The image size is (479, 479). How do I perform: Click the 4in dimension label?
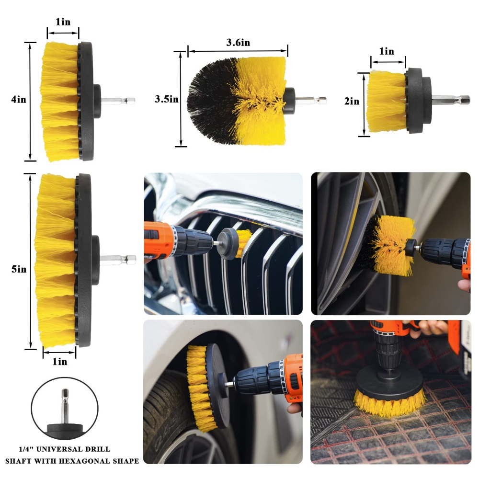[19, 99]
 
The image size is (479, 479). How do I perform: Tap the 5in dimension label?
[19, 269]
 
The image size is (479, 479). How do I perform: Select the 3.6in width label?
[238, 43]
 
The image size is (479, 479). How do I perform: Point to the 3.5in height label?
[167, 99]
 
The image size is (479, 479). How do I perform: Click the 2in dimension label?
[352, 101]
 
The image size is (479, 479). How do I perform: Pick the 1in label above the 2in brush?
[387, 51]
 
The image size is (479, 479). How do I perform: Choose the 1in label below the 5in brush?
[59, 362]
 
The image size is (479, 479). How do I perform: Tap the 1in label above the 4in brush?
[63, 22]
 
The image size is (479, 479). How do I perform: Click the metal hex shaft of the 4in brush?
[118, 100]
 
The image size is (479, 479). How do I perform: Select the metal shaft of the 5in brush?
[118, 259]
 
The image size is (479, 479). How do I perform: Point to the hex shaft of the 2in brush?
[451, 100]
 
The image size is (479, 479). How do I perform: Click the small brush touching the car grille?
[234, 243]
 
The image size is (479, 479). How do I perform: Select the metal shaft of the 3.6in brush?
[311, 100]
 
